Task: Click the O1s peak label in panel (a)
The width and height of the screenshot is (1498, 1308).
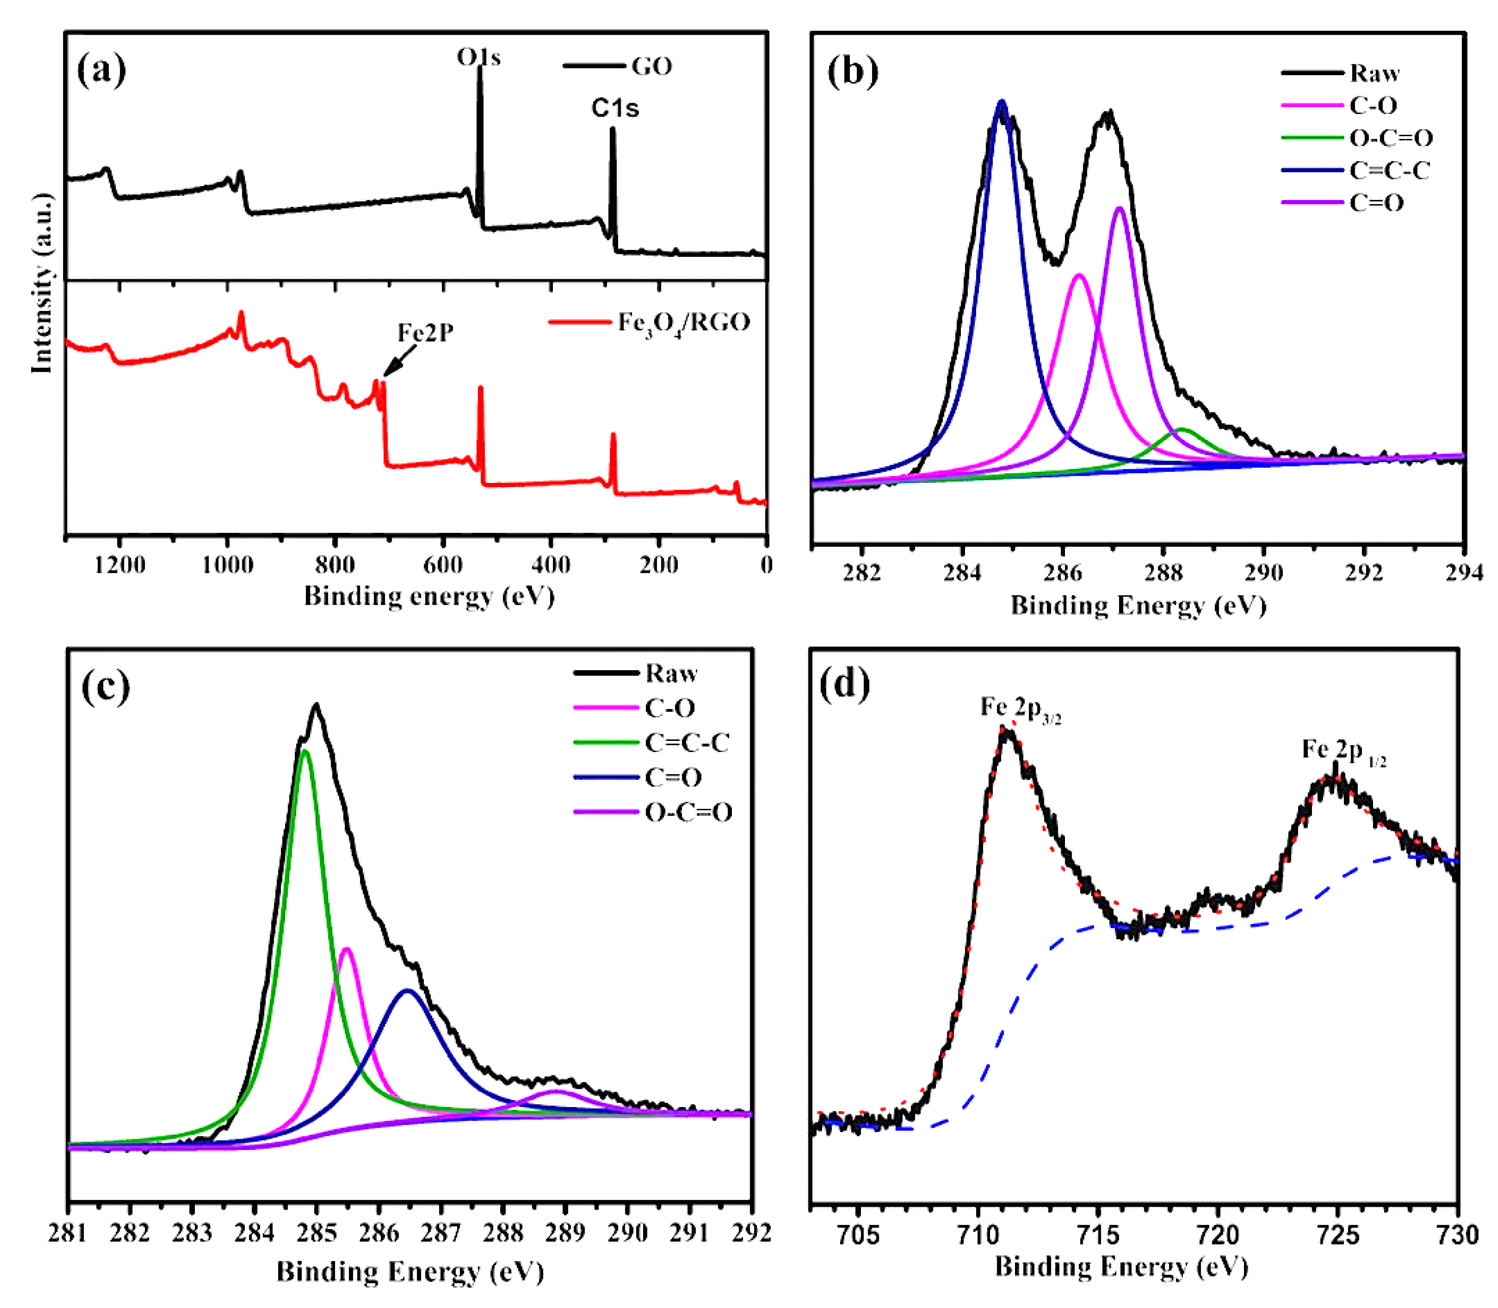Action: click(x=478, y=57)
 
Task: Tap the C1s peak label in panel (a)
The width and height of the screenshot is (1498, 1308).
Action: click(x=615, y=108)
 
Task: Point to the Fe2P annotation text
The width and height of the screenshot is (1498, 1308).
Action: click(x=425, y=333)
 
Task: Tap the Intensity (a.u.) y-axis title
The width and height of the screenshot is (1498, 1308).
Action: click(x=42, y=283)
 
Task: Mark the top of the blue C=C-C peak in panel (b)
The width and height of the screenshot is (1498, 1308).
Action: click(x=1002, y=102)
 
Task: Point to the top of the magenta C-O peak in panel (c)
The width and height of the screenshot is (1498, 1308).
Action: click(x=347, y=950)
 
